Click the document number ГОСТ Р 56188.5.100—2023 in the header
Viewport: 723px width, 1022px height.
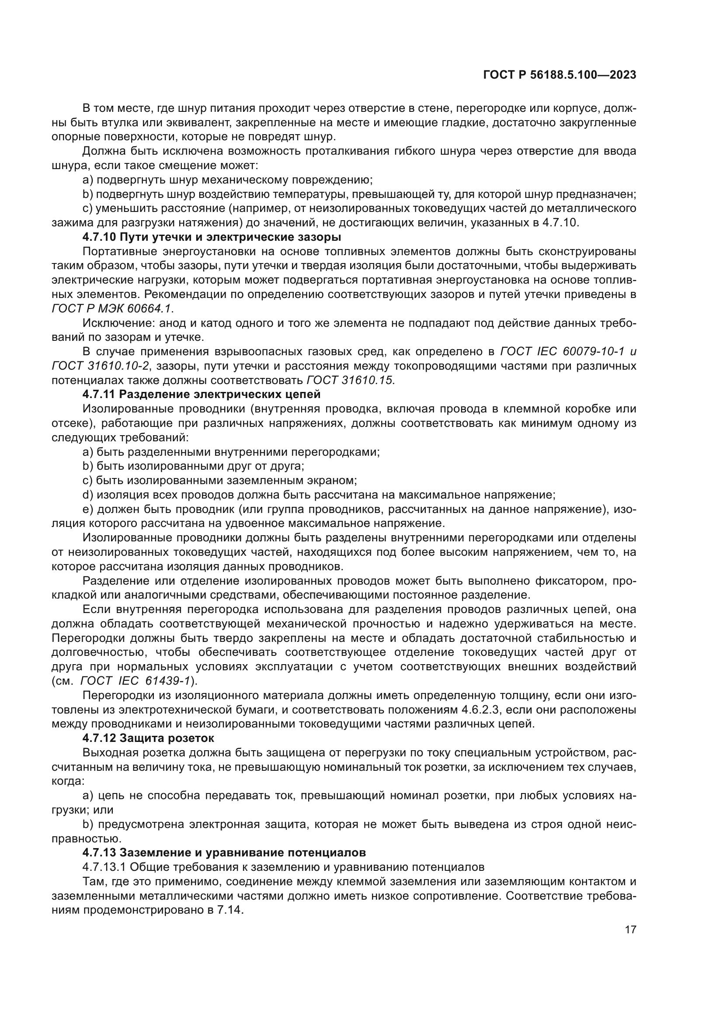[559, 75]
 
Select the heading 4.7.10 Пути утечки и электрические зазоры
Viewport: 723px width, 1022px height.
[212, 237]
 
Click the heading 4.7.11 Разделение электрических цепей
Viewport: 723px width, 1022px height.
[201, 395]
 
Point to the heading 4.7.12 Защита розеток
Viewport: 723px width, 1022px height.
[148, 738]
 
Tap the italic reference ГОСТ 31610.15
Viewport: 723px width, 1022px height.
[350, 380]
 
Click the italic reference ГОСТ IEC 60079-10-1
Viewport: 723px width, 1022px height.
[560, 352]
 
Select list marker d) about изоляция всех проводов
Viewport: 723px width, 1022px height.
[88, 495]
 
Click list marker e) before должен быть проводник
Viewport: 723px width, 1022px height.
[88, 509]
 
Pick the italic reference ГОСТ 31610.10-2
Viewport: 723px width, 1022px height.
[100, 366]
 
